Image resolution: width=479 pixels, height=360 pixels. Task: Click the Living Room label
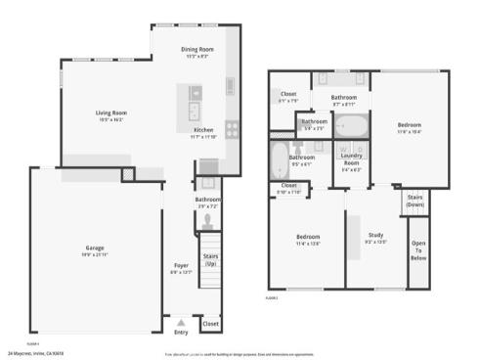point(110,112)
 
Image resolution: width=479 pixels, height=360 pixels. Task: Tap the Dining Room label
point(197,49)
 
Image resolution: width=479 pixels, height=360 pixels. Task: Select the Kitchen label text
point(202,129)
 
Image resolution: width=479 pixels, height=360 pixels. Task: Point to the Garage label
point(95,248)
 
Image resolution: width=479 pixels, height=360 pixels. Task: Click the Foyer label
point(181,265)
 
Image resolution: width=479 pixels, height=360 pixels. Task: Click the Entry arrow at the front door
point(181,322)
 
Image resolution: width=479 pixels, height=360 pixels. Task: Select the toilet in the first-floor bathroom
point(207,220)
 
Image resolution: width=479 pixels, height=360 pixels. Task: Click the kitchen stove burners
point(233,128)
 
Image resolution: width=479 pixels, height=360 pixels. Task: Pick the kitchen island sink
point(194,109)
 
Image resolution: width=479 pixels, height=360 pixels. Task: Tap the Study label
point(375,235)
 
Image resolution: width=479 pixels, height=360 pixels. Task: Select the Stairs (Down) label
point(414,201)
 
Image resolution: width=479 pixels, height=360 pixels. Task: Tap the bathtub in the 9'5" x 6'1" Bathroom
point(278,158)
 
